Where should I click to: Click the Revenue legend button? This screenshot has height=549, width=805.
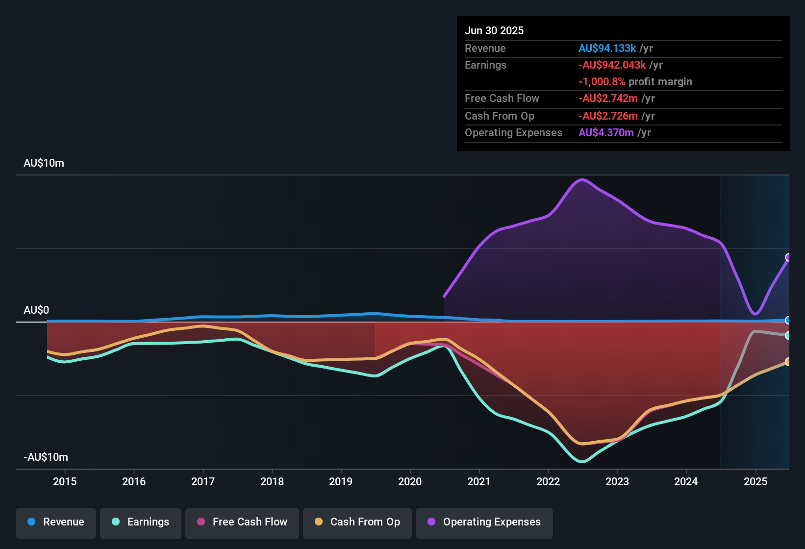[56, 522]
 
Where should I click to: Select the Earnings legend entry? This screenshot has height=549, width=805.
[141, 522]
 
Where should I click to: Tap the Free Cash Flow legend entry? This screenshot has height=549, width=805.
[242, 522]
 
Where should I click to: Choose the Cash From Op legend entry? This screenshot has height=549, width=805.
[357, 522]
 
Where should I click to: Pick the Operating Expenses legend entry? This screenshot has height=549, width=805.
[484, 522]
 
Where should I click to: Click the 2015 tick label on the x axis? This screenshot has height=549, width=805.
[65, 481]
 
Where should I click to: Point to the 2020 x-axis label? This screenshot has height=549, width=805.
[410, 481]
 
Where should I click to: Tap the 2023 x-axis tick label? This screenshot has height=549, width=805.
[617, 481]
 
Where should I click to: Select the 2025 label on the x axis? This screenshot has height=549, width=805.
[755, 481]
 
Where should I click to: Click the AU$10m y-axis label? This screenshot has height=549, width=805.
[44, 163]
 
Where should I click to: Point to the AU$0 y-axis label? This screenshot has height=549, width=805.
[36, 310]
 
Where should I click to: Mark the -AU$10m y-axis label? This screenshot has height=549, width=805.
[46, 457]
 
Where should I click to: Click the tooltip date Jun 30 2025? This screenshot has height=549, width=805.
[494, 31]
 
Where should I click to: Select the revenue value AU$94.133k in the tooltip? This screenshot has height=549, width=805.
[607, 49]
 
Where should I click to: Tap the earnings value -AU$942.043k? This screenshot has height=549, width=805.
[612, 65]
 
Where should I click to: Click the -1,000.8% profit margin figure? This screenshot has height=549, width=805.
[602, 82]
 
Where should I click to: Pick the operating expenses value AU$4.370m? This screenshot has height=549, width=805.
[606, 133]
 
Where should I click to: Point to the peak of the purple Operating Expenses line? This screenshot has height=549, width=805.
[582, 179]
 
